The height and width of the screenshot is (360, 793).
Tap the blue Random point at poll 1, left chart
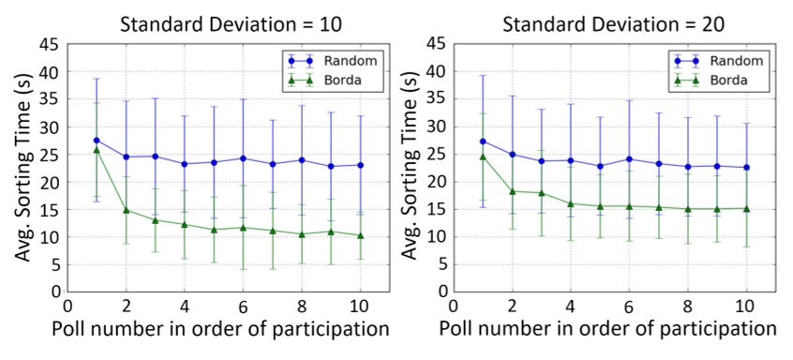point(97,140)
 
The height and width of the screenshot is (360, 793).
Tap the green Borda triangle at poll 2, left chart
point(126,210)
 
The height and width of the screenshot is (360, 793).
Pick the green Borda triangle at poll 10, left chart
point(360,235)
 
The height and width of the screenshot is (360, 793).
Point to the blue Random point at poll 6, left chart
point(243,158)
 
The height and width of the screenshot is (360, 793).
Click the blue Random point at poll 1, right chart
point(483,142)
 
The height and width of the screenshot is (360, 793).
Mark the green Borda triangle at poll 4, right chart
point(570,203)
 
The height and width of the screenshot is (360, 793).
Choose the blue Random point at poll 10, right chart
point(746,168)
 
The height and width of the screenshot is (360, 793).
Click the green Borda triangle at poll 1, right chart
point(483,157)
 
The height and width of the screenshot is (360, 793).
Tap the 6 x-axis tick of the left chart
point(243,306)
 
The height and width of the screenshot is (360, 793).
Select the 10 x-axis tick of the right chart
point(746,306)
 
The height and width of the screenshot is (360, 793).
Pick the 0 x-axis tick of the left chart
point(67,306)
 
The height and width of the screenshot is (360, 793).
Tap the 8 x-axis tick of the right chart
point(688,306)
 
